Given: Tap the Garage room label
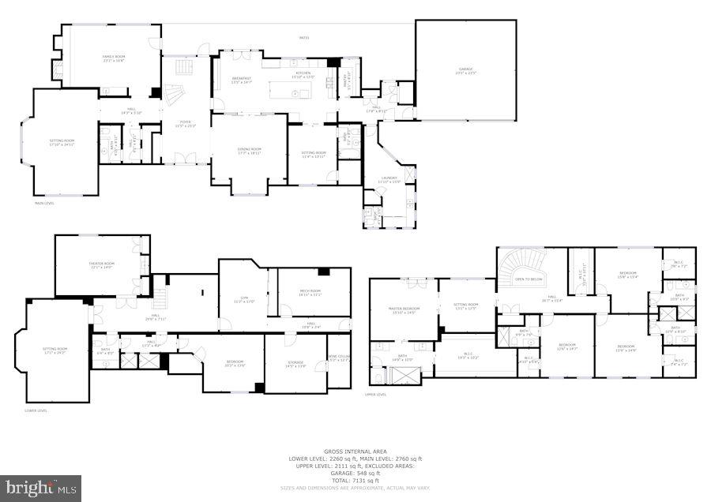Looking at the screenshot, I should (465, 70).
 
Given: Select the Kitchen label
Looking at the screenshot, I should (303, 73).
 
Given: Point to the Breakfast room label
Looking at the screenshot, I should (241, 79).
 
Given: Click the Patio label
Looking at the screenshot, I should (304, 38).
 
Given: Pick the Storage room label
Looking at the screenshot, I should (295, 363).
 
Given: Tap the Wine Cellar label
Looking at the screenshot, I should (338, 359).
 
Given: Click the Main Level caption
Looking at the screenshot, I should (44, 203).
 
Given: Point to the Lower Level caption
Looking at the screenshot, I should (36, 410).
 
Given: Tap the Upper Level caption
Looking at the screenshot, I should (375, 394).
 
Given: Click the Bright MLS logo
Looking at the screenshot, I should (41, 488).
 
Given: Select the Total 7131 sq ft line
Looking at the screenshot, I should (355, 481).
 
